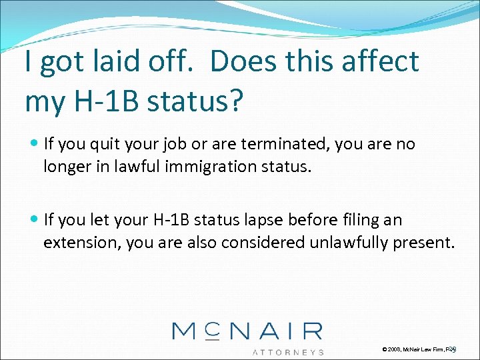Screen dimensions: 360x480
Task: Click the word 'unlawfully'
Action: click(347, 243)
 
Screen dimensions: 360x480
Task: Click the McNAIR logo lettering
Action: click(247, 331)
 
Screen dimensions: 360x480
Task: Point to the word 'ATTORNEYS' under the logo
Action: click(287, 351)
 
